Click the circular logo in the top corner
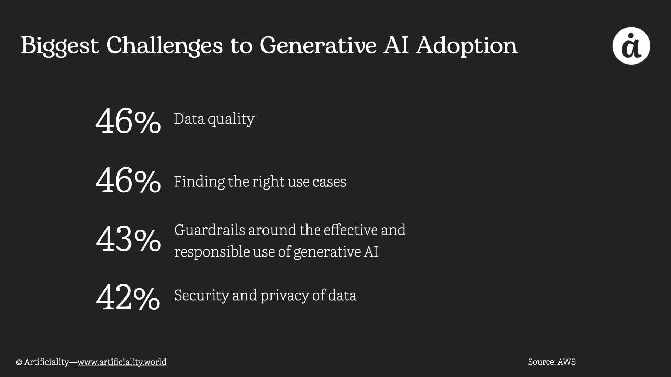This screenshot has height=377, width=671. (x=631, y=46)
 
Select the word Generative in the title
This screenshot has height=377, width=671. (x=318, y=45)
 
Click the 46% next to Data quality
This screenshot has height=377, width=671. (x=128, y=121)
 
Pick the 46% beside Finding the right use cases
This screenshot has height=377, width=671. (x=128, y=180)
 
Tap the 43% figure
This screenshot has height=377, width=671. (x=129, y=239)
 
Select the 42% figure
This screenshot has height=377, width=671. (x=128, y=297)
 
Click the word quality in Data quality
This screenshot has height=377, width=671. (x=231, y=120)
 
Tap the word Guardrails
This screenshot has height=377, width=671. (x=210, y=230)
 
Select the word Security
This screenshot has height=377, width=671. (x=202, y=296)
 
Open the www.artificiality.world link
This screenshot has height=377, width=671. (x=122, y=362)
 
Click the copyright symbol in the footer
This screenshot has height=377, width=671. (x=19, y=362)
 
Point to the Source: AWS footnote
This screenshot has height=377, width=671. (x=552, y=362)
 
